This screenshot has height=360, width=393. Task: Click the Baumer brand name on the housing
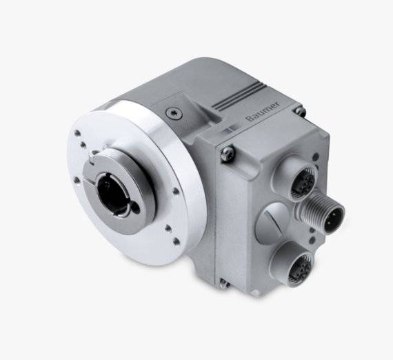[263, 111]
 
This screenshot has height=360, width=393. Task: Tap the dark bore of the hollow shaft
[112, 193]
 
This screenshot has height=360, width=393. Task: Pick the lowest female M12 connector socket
[301, 268]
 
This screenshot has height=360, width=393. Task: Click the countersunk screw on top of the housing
[174, 114]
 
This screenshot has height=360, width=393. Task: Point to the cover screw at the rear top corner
[299, 110]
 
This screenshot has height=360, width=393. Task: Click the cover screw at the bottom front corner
[224, 282]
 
